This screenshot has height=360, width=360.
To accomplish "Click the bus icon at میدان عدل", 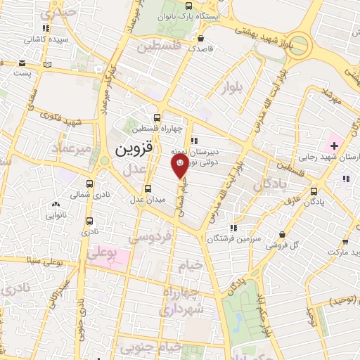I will click(148, 188).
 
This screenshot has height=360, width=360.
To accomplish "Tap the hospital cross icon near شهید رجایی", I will click(334, 146).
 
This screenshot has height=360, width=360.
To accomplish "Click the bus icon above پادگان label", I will click(313, 190).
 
